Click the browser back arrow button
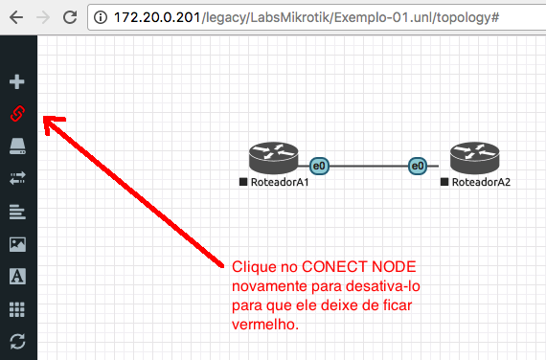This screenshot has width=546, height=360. (16, 17)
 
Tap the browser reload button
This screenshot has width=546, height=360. (70, 17)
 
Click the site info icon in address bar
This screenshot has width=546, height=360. (101, 17)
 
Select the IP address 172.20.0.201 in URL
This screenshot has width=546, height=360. (157, 17)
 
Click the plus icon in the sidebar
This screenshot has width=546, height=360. (17, 81)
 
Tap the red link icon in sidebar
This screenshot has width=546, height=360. (17, 114)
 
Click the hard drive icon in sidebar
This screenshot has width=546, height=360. (17, 146)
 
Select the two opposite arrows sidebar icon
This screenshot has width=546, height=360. (17, 178)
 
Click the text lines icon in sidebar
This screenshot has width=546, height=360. (17, 212)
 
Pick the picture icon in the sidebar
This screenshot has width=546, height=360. (17, 244)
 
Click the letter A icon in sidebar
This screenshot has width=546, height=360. (17, 277)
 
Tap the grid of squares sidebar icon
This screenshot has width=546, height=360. (17, 309)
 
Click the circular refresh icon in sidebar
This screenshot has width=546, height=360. (17, 341)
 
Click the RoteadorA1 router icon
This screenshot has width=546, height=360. (273, 158)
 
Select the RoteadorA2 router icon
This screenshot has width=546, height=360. (474, 158)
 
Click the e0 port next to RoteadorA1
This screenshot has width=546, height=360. (319, 166)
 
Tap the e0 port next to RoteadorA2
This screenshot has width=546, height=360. (418, 166)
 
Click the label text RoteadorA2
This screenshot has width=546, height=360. (481, 182)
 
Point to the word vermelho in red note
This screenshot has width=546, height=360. (265, 325)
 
